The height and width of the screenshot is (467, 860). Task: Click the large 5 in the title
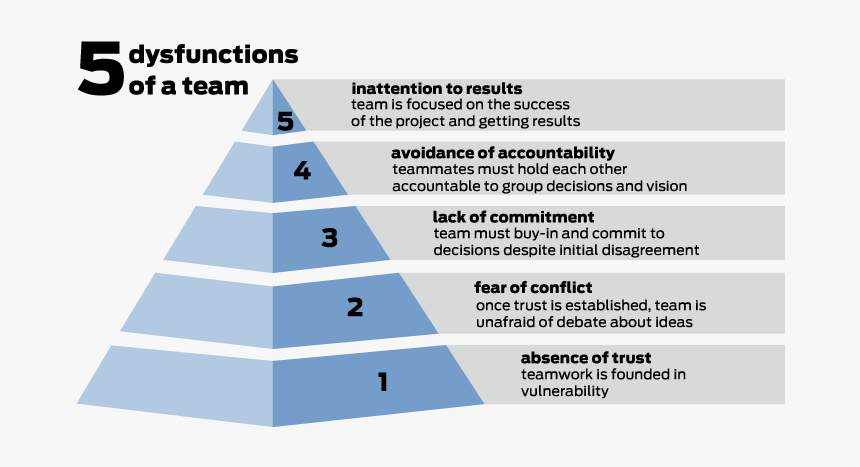[101, 70]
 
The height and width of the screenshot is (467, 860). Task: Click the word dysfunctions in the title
[213, 54]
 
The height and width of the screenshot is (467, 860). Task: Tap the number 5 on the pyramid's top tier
[286, 121]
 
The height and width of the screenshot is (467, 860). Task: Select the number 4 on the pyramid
[302, 171]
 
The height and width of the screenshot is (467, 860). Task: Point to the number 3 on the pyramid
[329, 238]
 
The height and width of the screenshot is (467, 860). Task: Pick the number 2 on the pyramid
[354, 307]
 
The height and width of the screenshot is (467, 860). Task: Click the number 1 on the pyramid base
[381, 381]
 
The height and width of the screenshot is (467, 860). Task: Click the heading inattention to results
[436, 89]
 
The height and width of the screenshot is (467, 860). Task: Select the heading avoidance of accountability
[502, 153]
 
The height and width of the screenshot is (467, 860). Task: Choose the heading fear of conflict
[533, 288]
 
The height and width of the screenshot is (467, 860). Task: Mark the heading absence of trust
[586, 358]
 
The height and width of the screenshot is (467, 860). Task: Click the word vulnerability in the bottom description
[564, 392]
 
